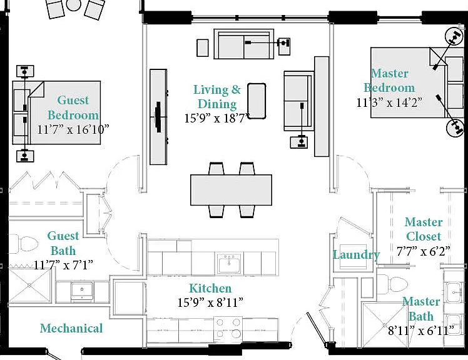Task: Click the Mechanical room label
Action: click(x=71, y=328)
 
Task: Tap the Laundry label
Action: click(x=357, y=255)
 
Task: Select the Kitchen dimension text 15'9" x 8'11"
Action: click(x=210, y=302)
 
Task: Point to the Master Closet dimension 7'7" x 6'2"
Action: click(x=423, y=251)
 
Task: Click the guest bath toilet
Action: click(x=24, y=244)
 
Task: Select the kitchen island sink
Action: click(x=229, y=262)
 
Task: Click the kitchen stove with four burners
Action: click(x=228, y=329)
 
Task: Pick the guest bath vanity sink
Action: click(x=82, y=291)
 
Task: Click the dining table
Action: click(x=231, y=190)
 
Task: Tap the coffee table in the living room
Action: click(x=257, y=101)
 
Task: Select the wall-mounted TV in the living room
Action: click(x=158, y=117)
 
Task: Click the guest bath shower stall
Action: click(x=29, y=285)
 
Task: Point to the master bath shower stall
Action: click(x=385, y=325)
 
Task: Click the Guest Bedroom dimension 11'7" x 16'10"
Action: click(x=73, y=129)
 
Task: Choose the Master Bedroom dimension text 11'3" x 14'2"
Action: click(x=390, y=102)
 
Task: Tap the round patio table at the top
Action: click(x=73, y=4)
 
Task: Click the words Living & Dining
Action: click(x=217, y=97)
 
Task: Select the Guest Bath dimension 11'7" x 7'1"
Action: click(x=63, y=264)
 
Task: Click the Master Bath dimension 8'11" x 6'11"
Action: click(x=421, y=330)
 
